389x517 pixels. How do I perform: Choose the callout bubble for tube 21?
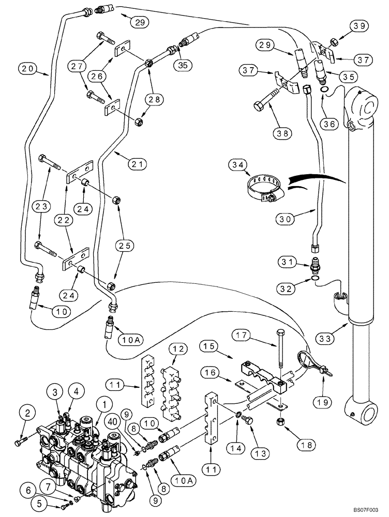pos(137,164)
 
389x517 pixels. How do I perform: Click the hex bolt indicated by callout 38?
pos(261,106)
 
